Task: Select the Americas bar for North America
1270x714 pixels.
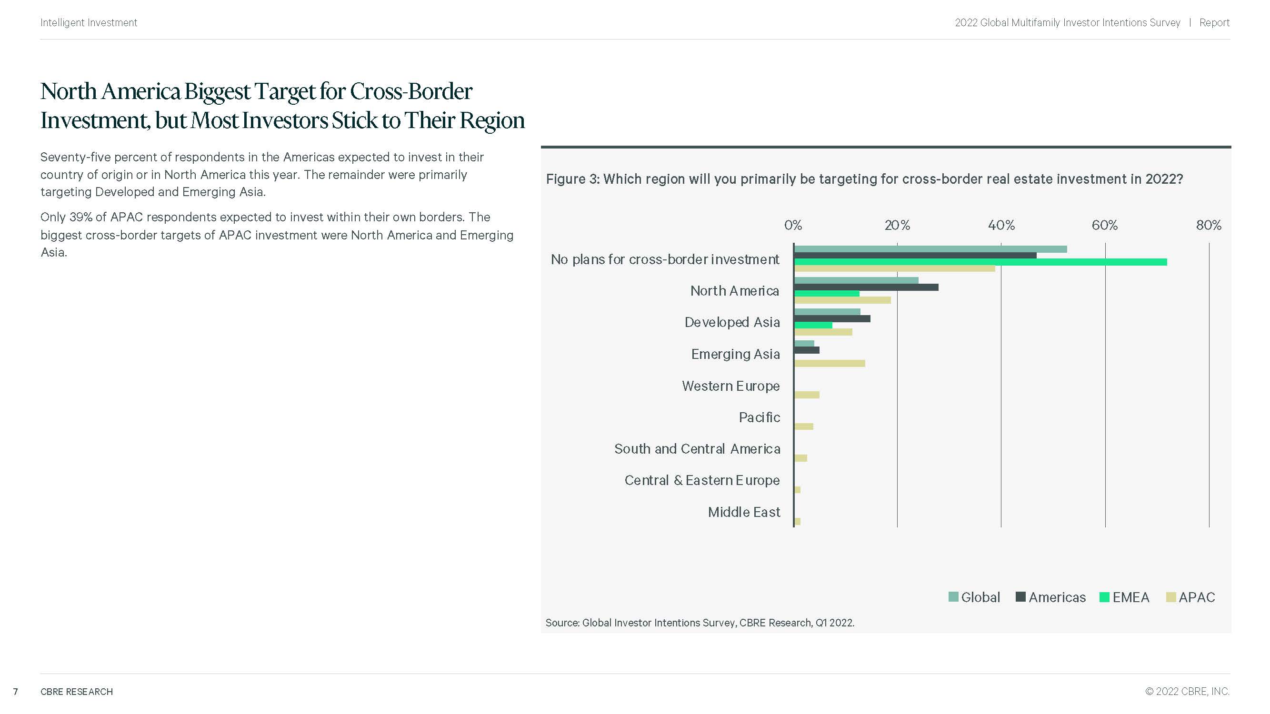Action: [866, 288]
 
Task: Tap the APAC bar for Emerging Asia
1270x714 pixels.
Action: [829, 364]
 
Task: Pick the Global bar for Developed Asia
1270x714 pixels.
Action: [827, 312]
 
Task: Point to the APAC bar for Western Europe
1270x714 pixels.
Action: [807, 395]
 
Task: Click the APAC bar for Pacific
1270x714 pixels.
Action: [804, 426]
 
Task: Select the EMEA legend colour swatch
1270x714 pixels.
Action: [1104, 597]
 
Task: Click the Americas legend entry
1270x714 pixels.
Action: [1057, 597]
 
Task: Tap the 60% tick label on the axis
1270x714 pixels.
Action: [1104, 226]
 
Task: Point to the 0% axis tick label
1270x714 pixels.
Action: [793, 226]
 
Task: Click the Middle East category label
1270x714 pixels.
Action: [743, 513]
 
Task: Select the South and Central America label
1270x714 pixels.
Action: [697, 449]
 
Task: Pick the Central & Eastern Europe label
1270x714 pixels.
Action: [701, 480]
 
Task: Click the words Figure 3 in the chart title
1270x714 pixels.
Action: [572, 179]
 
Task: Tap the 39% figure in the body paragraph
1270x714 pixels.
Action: [80, 218]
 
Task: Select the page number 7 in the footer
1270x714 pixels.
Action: [16, 692]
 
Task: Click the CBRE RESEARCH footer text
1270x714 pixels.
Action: [76, 692]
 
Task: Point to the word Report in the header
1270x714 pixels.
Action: [1214, 23]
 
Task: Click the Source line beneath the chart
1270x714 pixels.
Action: [699, 623]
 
